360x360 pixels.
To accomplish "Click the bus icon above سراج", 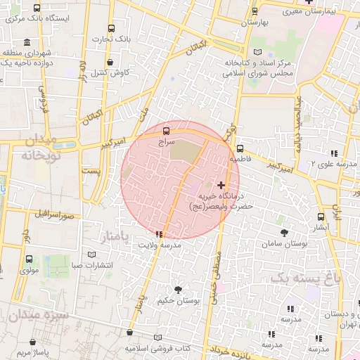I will (166, 131).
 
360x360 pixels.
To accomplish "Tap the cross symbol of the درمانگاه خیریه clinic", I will (221, 184).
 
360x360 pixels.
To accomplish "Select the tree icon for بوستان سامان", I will (284, 232).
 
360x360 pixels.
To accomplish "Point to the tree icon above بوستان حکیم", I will (178, 289).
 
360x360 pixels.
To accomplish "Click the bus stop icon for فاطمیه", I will (240, 149).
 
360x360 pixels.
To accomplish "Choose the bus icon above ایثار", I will (321, 217).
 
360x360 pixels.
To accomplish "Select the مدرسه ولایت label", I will (161, 245).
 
